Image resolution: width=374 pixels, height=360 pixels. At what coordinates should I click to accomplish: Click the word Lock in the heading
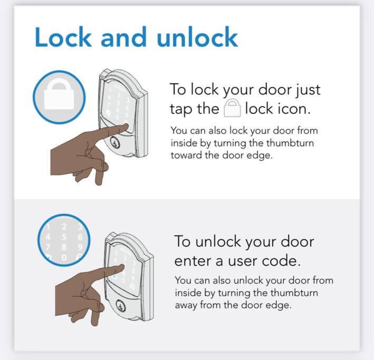(63, 37)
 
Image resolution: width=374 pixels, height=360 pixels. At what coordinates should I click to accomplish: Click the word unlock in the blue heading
(197, 37)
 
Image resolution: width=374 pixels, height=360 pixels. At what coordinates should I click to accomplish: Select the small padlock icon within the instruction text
(232, 108)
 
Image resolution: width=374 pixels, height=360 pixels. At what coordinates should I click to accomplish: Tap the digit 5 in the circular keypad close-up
(64, 237)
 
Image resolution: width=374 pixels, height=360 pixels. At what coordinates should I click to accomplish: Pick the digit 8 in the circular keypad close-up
(64, 247)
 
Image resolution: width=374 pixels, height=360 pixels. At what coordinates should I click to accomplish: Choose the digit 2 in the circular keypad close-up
(64, 227)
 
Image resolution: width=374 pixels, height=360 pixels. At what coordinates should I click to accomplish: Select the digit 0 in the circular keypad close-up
(64, 258)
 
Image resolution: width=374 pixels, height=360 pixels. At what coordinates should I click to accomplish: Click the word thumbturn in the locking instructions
(290, 143)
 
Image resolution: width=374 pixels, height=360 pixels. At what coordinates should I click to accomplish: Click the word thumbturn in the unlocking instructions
(294, 293)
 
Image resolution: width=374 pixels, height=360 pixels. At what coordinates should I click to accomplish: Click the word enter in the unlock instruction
(193, 261)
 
